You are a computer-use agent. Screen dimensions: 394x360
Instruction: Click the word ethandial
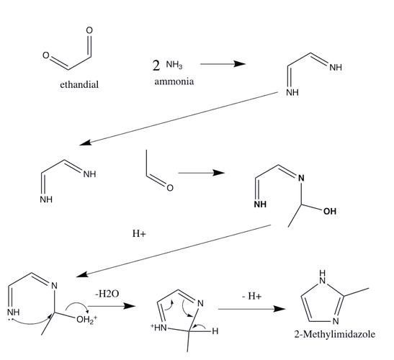pos(79,84)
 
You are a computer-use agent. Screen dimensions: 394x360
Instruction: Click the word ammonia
pos(174,81)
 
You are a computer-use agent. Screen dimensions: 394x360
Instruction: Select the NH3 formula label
pos(174,65)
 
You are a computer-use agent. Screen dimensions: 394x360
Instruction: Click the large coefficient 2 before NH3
pos(156,66)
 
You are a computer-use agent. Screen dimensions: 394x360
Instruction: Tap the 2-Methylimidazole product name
pos(335,334)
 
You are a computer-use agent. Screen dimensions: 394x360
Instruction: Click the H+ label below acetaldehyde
pos(139,233)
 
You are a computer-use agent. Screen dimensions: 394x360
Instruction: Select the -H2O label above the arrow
pos(107,294)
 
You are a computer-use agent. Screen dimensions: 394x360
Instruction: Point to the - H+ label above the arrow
pos(252,296)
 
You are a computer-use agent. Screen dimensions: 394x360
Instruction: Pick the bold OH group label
pos(330,211)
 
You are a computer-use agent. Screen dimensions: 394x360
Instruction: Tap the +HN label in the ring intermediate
pos(158,328)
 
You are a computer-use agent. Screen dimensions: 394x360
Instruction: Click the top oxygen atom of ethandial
pos(89,30)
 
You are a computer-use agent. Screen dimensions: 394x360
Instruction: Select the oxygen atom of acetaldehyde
pos(170,188)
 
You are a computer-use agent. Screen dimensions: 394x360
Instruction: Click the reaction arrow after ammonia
pos(223,64)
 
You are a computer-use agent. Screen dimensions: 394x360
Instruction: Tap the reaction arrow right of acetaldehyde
pos(202,173)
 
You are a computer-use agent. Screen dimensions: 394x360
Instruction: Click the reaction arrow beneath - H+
pos(252,309)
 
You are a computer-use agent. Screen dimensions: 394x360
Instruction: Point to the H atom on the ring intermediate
pos(215,331)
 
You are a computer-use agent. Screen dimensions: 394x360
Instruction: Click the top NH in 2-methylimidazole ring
pos(323,276)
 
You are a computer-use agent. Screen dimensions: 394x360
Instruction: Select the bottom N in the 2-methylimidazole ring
pos(336,321)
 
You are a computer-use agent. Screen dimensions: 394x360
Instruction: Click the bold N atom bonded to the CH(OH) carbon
pos(301,178)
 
